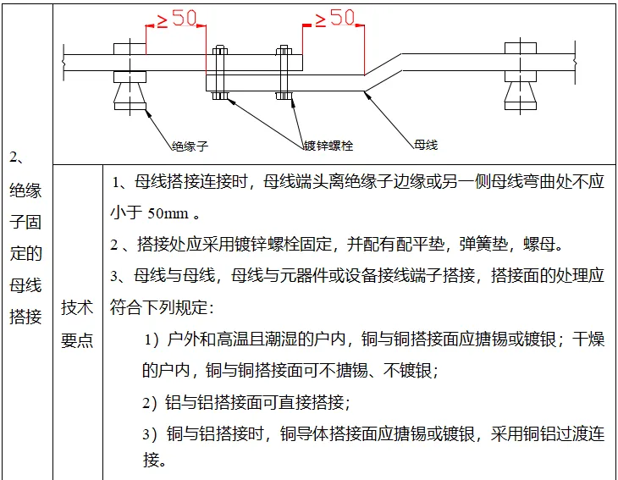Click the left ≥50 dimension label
[x=176, y=18]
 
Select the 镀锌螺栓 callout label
[x=327, y=145]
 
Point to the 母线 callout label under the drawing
[x=426, y=145]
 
